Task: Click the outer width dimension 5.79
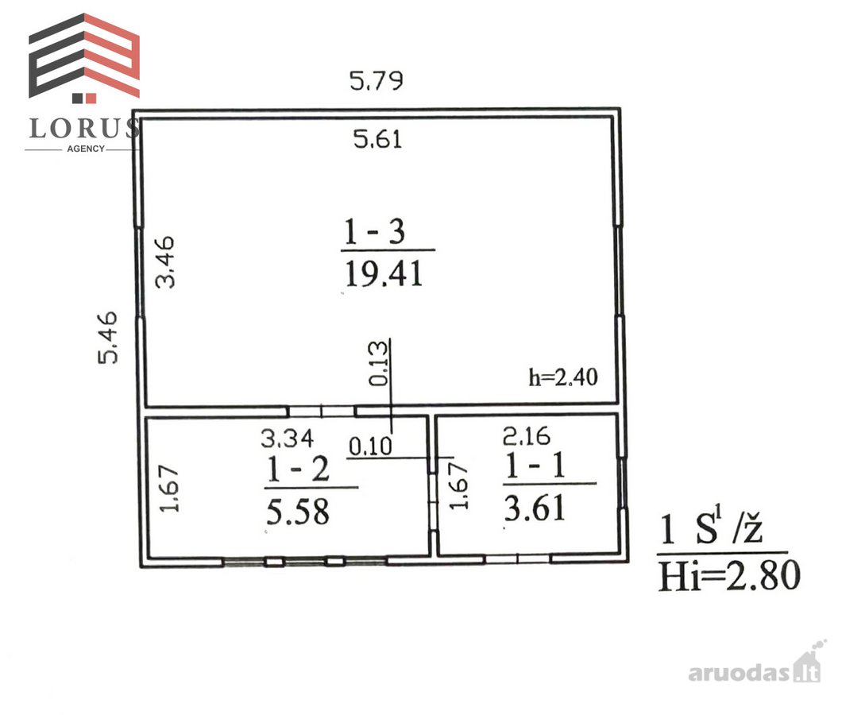point(376,81)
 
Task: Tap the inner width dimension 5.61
point(377,140)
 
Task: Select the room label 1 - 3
point(374,232)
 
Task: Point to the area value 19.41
point(384,273)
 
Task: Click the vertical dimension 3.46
point(165,261)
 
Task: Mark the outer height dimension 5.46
point(107,338)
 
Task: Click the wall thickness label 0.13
point(378,363)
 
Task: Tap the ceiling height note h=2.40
point(563,377)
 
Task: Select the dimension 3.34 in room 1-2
point(287,439)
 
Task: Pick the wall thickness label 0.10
point(370,446)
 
